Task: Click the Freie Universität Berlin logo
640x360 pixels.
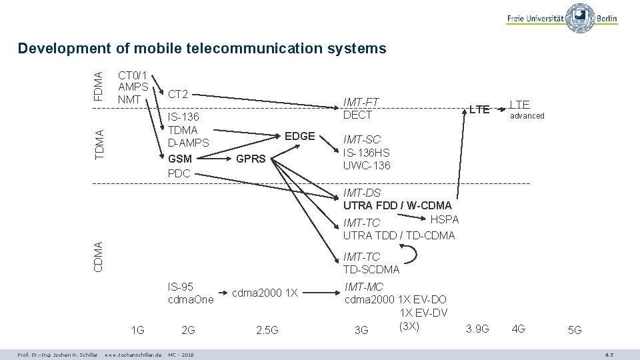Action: pos(562,19)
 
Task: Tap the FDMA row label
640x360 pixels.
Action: pos(99,86)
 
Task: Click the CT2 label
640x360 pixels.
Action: pos(178,95)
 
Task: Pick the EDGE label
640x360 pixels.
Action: pos(299,136)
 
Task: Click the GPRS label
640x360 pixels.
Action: pos(251,159)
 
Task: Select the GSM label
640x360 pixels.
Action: pos(180,159)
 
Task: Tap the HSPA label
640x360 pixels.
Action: pos(445,219)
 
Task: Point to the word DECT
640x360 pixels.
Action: pos(357,115)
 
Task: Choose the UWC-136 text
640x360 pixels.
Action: pos(367,165)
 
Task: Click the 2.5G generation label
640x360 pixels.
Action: pos(267,330)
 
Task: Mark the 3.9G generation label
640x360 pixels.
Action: pos(477,329)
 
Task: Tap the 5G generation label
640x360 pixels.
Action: pos(574,330)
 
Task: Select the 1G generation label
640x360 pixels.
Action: pos(138,329)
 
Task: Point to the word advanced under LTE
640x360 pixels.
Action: pos(527,116)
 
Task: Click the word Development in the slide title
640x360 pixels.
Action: pos(63,48)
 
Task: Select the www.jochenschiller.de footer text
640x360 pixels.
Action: pos(133,353)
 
